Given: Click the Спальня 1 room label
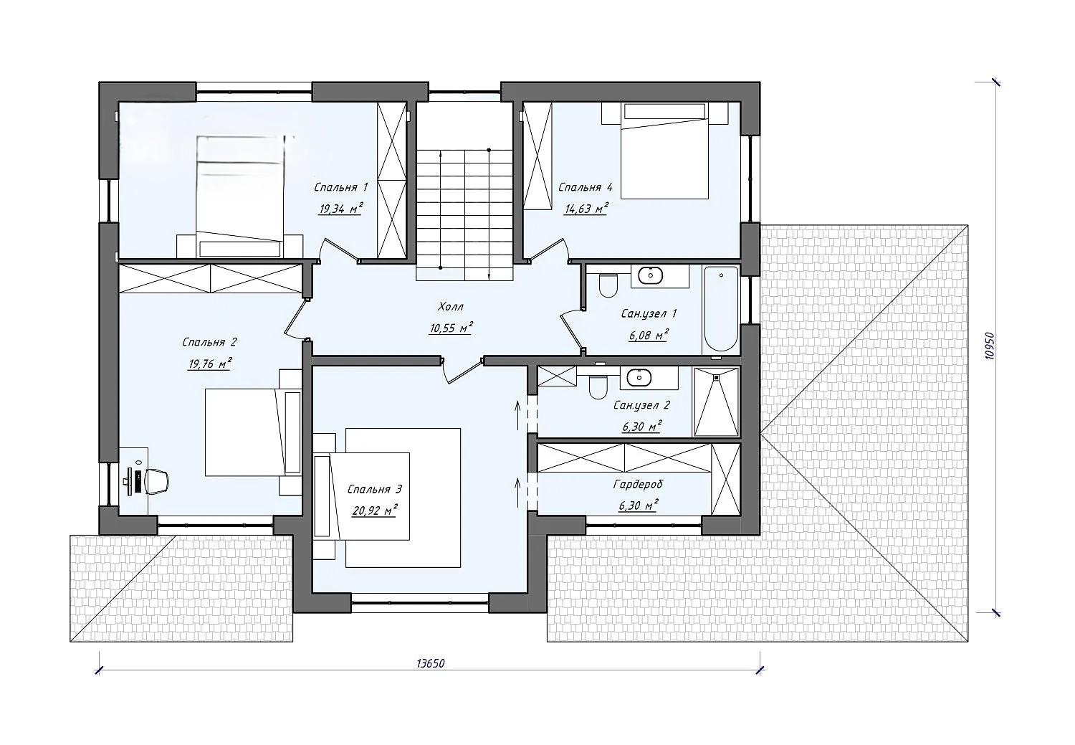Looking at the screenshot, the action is click(340, 187).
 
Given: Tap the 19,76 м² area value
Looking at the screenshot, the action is click(210, 364).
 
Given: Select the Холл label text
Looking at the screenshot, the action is click(451, 306).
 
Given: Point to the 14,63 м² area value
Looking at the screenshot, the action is click(586, 209).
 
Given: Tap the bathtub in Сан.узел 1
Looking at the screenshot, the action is click(720, 309).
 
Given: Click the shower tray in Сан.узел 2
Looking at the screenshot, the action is click(716, 402).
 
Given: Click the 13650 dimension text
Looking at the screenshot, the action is click(431, 663).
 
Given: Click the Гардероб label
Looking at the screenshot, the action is click(638, 484).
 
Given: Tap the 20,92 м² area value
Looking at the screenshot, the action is click(374, 511).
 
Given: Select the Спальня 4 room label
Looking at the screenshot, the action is click(585, 187).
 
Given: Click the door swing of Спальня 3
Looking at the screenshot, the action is click(461, 371).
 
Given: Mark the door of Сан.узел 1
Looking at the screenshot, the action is click(573, 331).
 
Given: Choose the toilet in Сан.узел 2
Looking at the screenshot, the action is click(598, 387).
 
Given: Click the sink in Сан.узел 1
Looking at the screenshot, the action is click(650, 275).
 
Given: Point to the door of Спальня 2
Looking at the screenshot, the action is click(296, 318).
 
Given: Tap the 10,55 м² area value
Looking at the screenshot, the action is click(451, 328).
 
